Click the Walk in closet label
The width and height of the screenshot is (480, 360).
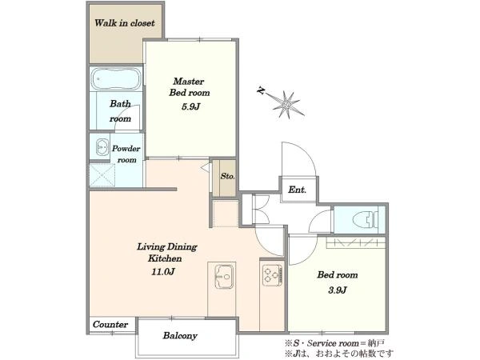(x=125, y=23)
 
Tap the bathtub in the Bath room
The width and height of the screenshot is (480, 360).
(x=116, y=78)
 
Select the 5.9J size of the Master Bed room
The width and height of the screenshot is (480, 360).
(x=190, y=106)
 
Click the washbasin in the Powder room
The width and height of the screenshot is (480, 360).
(x=102, y=147)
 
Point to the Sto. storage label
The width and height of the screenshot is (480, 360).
(x=227, y=177)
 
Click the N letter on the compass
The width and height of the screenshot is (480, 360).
(x=261, y=90)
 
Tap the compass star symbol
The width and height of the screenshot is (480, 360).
(x=288, y=105)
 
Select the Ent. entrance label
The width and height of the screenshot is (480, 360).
(x=298, y=190)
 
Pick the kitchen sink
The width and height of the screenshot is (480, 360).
(x=224, y=277)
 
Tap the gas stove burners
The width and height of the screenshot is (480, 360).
(x=273, y=275)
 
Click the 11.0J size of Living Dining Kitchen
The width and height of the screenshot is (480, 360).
(x=163, y=271)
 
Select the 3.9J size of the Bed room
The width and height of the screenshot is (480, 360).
(x=338, y=290)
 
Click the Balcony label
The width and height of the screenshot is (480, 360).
(x=180, y=336)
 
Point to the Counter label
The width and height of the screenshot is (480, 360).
(x=110, y=325)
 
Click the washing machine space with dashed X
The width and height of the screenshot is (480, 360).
(x=102, y=175)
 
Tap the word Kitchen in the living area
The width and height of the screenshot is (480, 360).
(x=165, y=258)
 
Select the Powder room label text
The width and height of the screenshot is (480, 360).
(x=126, y=154)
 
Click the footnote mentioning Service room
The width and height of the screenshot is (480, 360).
(x=334, y=343)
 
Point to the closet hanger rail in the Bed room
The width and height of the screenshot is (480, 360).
(x=356, y=242)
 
